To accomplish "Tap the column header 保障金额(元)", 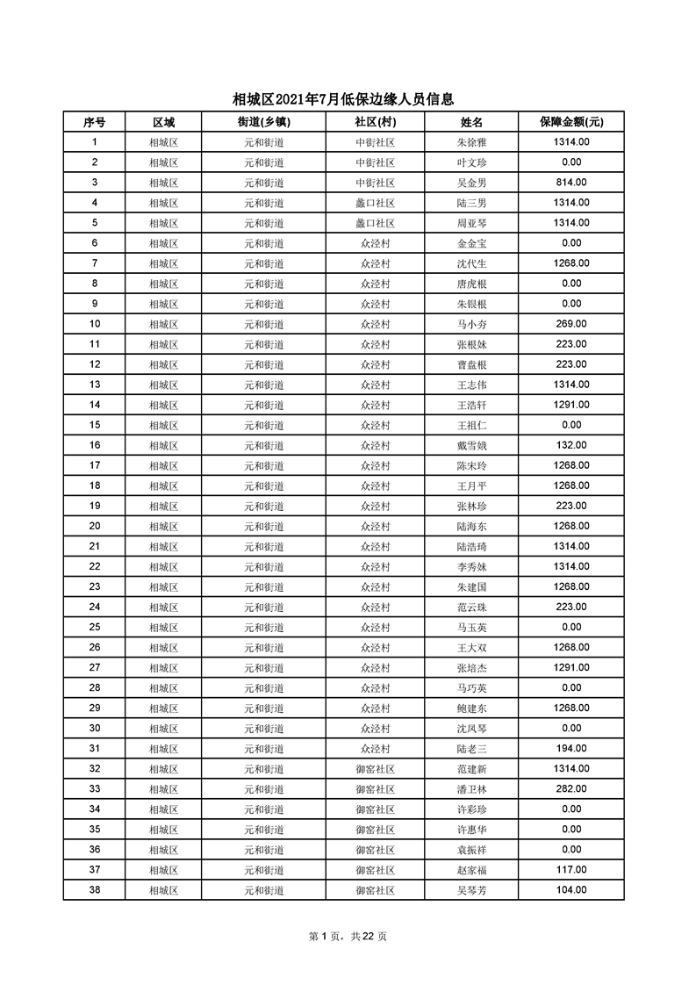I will coord(571,122).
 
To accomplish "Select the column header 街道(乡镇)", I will coord(263,122).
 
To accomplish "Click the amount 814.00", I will coord(571,183).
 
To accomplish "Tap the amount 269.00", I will coord(571,324).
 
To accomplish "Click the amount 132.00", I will coord(571,445).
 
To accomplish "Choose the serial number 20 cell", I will coord(95,526).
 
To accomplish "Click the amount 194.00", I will coord(571,748).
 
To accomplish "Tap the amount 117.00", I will coord(571,869).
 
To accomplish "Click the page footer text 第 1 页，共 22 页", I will coord(348,936).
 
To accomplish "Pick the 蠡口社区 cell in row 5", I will coord(375,223).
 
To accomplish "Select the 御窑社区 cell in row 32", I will coord(375,769).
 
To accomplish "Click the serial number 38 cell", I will coord(95,889).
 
